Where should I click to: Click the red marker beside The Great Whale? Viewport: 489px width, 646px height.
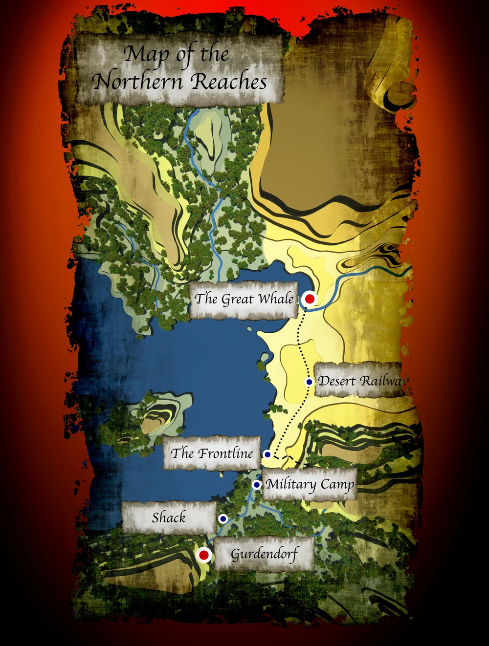(309, 299)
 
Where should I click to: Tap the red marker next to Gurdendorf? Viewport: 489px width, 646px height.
(204, 555)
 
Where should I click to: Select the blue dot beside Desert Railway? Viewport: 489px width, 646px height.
(309, 382)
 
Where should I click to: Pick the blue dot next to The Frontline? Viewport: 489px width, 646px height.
(267, 454)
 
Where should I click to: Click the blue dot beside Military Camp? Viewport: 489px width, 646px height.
(257, 485)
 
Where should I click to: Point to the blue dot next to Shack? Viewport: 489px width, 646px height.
(223, 518)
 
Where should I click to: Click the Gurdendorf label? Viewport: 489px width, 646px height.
(264, 555)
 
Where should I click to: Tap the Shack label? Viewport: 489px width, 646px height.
(169, 517)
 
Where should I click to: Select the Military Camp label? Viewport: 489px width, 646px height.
(310, 485)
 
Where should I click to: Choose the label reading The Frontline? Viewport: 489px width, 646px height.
(212, 453)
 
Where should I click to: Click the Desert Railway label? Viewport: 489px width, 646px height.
(360, 381)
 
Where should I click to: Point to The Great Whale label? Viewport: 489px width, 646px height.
(244, 299)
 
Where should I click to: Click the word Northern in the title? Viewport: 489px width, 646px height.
(137, 81)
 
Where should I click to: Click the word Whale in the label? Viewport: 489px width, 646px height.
(276, 299)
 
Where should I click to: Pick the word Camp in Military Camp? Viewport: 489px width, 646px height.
(337, 485)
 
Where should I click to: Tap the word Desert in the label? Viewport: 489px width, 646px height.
(337, 381)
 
